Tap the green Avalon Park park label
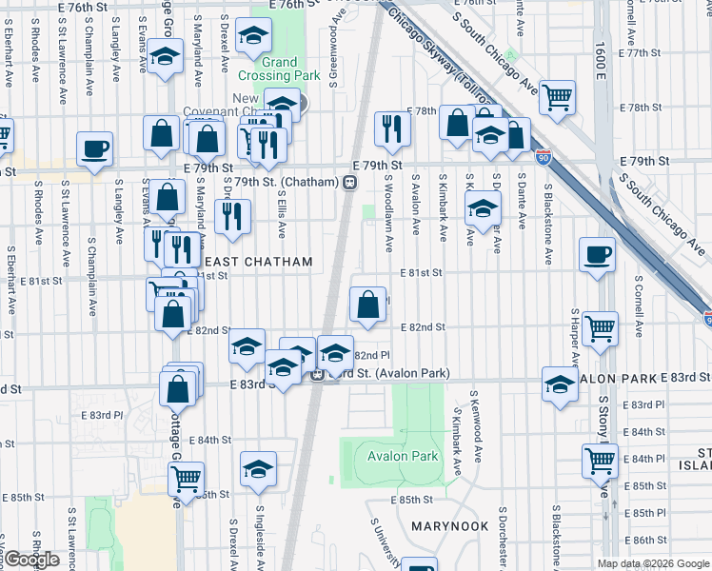(x=403, y=456)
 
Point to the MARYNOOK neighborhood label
(x=449, y=525)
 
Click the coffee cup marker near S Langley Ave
(x=95, y=148)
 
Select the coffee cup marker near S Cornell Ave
(x=597, y=254)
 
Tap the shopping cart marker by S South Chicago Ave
(x=557, y=95)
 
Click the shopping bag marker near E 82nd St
(x=368, y=305)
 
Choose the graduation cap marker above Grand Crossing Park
(x=253, y=36)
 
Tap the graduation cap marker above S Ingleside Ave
(x=258, y=469)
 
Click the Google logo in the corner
(x=31, y=560)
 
